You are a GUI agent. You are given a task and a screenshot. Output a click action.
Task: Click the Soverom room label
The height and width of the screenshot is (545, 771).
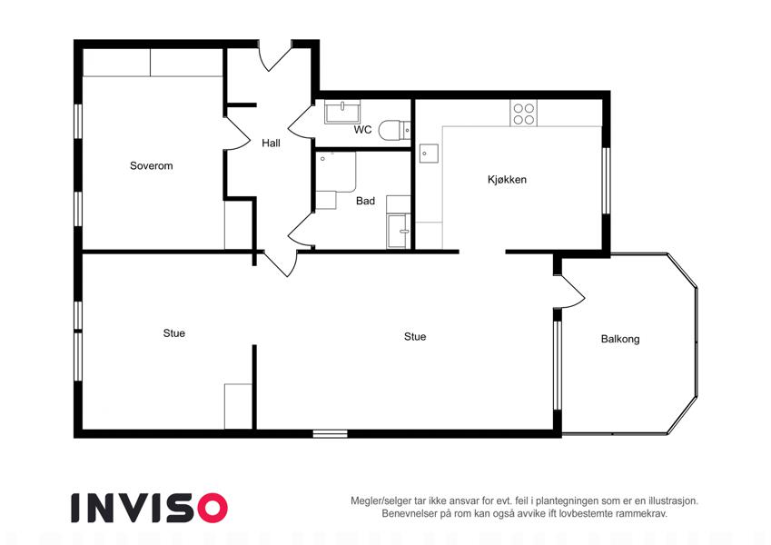[x=151, y=165]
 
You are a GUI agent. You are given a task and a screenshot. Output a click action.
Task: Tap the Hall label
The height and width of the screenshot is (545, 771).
[x=271, y=144]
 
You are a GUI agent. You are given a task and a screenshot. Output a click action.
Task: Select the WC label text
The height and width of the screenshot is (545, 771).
[x=362, y=130]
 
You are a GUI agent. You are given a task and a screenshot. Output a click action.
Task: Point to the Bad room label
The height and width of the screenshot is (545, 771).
[x=365, y=201]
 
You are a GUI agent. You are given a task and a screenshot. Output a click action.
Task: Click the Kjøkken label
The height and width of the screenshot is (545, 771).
[x=507, y=180]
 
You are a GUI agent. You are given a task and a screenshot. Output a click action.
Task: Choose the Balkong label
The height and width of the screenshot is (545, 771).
[x=620, y=339]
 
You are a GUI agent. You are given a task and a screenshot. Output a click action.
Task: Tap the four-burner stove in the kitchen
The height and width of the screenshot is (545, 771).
[x=524, y=114]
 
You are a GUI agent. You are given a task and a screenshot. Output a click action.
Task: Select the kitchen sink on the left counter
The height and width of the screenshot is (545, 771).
[x=429, y=154]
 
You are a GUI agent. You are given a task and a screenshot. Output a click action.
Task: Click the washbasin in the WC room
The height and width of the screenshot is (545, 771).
[x=342, y=112]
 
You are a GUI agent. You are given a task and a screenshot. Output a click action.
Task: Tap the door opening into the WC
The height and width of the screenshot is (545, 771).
[x=300, y=121]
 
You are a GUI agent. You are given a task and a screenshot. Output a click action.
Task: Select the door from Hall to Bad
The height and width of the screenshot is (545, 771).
[x=300, y=230]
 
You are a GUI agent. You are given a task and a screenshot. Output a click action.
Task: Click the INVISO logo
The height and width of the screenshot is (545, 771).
[x=150, y=508]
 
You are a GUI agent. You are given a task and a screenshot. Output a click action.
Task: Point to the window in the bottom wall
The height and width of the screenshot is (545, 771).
[x=330, y=434]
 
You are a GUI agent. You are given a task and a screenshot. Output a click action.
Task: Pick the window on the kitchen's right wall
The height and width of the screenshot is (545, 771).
[x=606, y=181]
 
